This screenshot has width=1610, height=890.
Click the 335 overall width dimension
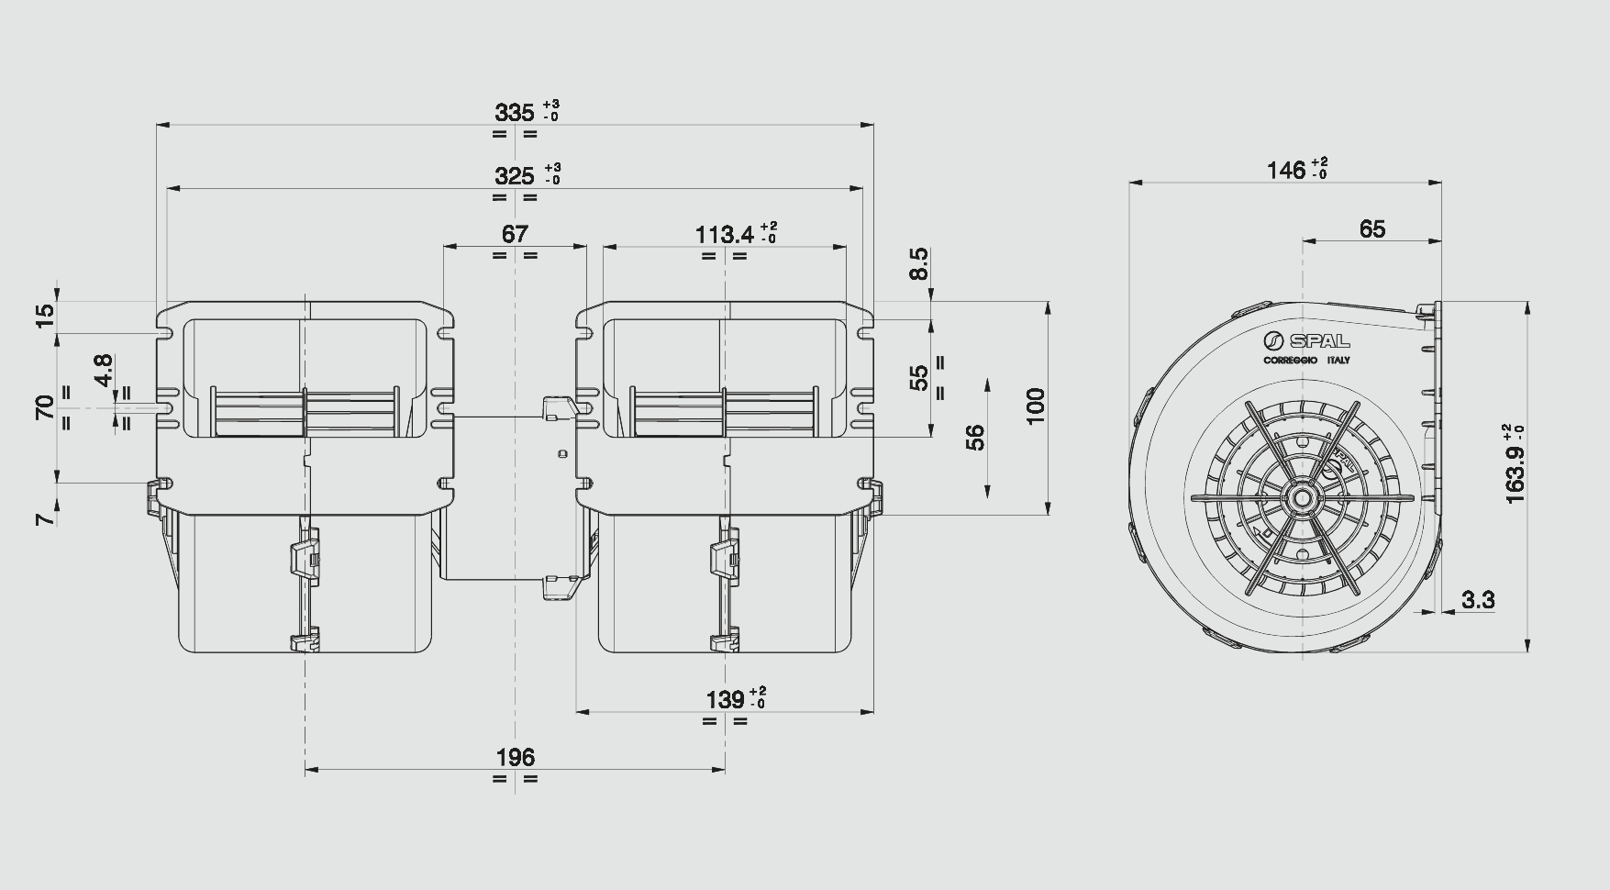click(514, 113)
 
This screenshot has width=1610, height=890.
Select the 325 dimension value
click(514, 175)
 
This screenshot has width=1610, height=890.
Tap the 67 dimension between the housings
click(515, 234)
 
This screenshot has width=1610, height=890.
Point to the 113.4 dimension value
click(725, 235)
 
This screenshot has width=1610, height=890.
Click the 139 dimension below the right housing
click(725, 700)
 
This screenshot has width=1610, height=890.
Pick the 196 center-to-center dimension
click(515, 758)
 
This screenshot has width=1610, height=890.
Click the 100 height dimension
click(1035, 406)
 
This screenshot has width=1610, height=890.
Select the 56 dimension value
click(975, 437)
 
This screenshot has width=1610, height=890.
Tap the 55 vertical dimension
click(918, 378)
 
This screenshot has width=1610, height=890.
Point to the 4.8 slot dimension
click(103, 370)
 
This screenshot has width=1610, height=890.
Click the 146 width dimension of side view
click(1286, 171)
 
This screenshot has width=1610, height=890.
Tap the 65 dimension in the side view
click(1372, 228)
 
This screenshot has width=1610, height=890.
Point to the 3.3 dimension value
click(1478, 600)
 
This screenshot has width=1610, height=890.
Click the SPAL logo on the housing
click(1306, 341)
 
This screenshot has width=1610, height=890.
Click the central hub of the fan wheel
click(1301, 498)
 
